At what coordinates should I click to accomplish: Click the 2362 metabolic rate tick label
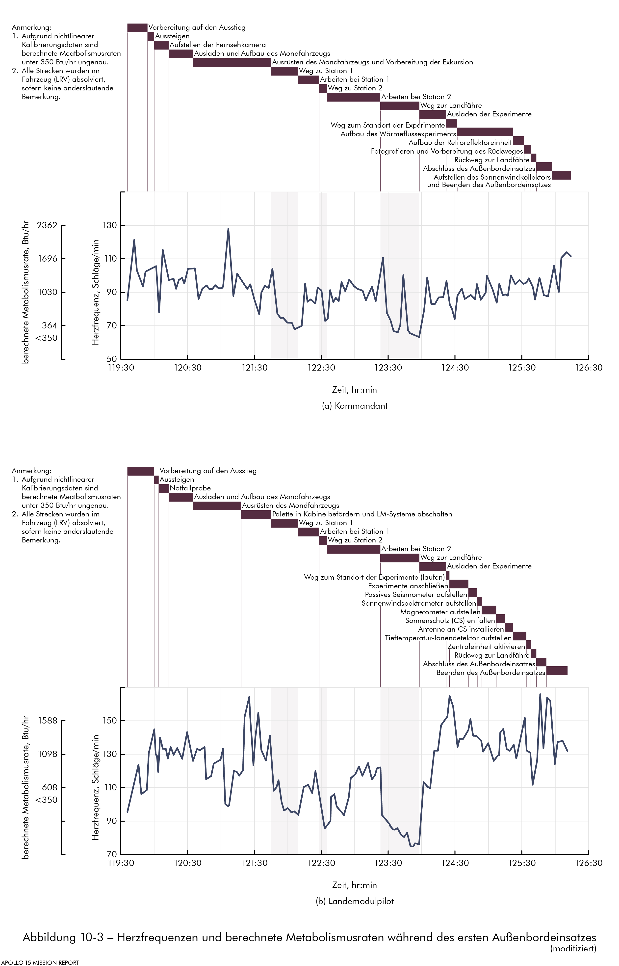47,225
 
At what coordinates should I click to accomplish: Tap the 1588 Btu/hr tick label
48,721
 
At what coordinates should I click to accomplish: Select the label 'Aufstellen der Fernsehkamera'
217,45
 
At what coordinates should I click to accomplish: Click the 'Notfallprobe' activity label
190,488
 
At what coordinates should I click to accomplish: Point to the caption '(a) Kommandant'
355,406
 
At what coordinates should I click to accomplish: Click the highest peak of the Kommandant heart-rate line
228,229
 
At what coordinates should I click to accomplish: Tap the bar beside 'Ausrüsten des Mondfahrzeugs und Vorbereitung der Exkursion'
232,62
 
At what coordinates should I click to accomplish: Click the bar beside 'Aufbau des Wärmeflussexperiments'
485,132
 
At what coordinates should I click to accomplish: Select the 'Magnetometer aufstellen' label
440,612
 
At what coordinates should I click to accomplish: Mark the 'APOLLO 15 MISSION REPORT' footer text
40,962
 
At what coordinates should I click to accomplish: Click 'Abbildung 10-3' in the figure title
63,938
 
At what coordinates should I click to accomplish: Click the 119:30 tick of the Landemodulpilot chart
121,863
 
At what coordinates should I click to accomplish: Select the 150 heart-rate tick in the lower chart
110,721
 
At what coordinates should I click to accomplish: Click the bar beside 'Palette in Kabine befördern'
256,514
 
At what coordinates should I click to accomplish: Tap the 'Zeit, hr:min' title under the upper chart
355,390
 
